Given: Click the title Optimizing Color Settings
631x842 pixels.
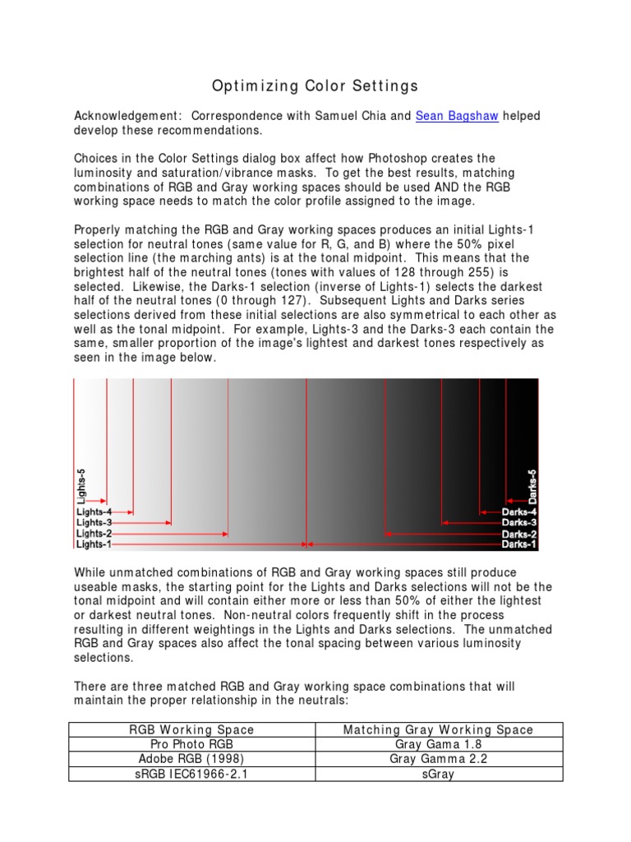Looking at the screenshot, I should click(315, 86).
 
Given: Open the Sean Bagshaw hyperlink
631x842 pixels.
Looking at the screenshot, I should click(456, 116).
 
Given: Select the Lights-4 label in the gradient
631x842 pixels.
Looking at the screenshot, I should click(94, 511).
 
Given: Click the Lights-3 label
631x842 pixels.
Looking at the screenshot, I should click(94, 522).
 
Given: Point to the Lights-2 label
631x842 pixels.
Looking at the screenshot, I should click(94, 533).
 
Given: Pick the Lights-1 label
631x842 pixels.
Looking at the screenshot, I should click(94, 544).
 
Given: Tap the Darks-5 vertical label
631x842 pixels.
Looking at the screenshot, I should click(532, 486).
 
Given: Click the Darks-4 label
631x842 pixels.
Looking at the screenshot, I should click(519, 511).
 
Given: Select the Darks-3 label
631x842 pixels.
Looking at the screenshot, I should click(519, 522).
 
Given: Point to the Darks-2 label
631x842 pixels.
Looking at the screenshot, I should click(519, 533).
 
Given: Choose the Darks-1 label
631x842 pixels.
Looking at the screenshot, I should click(519, 544).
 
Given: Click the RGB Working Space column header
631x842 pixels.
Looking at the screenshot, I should click(192, 729).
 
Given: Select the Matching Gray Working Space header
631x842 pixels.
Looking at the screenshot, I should click(438, 729).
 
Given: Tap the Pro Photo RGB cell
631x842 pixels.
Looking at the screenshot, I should click(192, 744).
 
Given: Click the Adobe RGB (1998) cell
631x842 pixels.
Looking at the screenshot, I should click(192, 759).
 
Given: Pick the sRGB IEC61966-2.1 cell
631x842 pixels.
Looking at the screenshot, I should click(192, 775).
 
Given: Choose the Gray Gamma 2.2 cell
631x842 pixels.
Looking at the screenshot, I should click(438, 759).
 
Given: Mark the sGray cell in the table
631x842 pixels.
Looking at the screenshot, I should click(438, 775).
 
